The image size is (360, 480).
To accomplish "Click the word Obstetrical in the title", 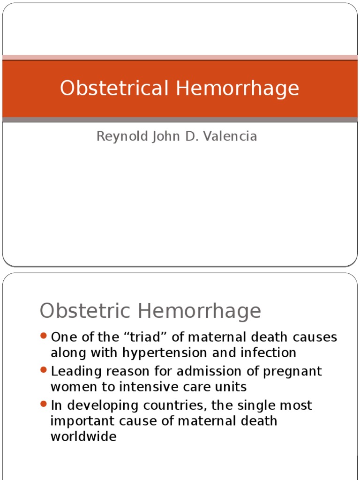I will [114, 88].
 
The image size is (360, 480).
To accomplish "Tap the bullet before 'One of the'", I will [44, 336].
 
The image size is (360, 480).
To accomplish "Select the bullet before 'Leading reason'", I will [44, 370].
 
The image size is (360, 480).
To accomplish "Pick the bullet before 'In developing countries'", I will [44, 404].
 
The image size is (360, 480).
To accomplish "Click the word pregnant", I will [293, 371].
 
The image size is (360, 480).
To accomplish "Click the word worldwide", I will [83, 436].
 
